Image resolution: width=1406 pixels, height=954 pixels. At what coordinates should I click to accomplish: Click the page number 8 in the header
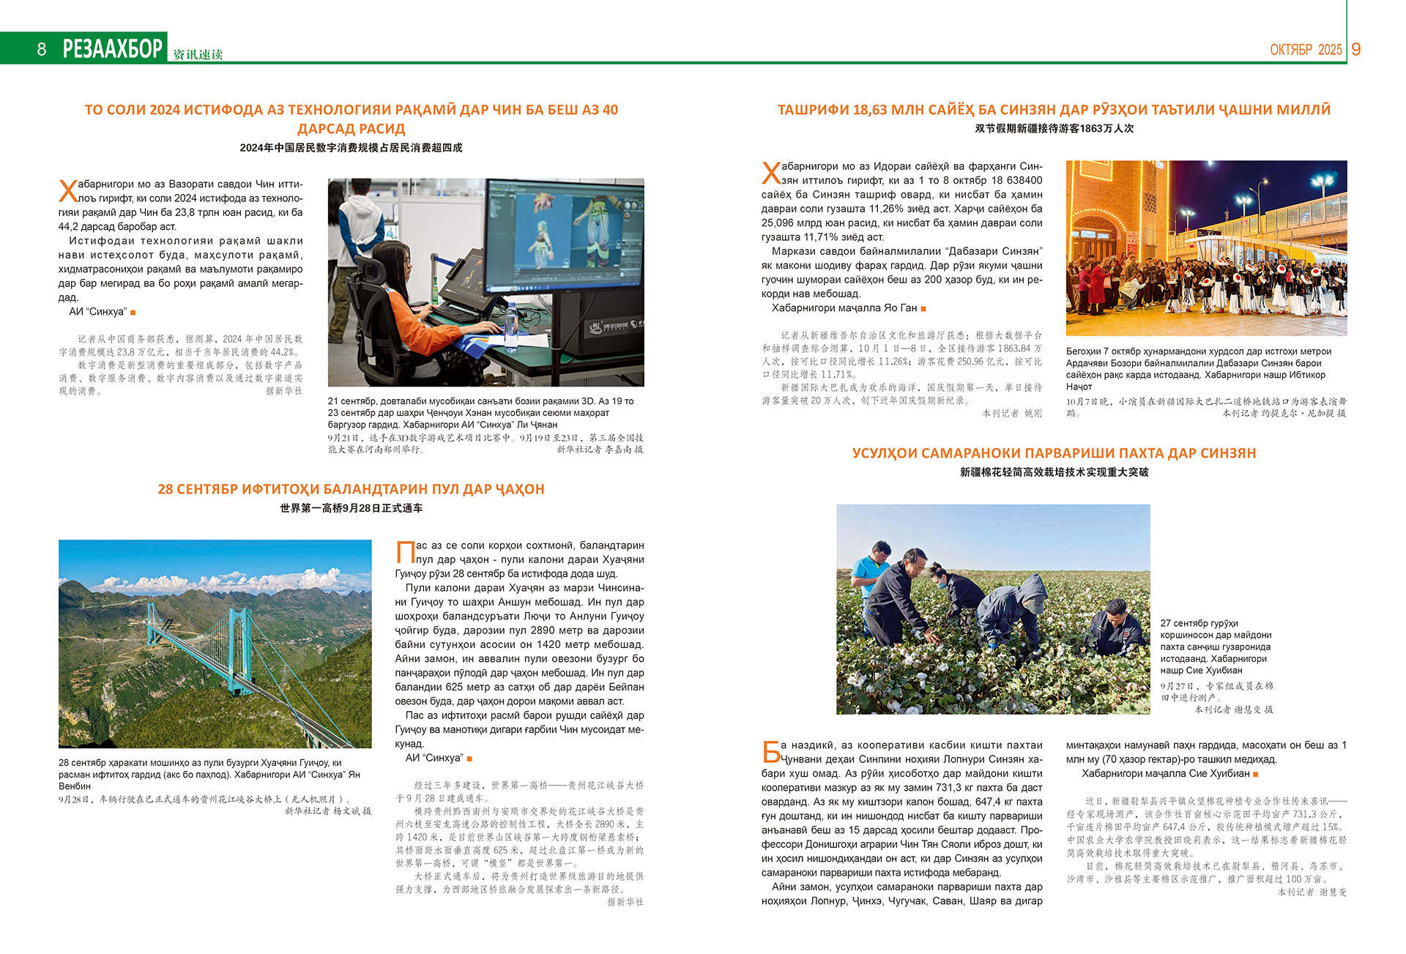coord(42,49)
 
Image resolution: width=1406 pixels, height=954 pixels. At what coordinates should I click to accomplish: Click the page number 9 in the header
coord(1355,49)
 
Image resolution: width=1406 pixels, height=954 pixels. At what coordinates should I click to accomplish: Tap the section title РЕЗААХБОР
coord(113,49)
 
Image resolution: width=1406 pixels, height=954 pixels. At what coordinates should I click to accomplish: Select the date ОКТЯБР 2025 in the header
coord(1306,50)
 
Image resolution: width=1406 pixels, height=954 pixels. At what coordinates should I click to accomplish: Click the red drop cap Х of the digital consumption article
coord(67,191)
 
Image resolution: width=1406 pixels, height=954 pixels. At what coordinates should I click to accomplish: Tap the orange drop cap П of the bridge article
coord(405,552)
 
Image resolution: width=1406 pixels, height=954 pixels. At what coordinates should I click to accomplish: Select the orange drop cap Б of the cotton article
coord(770,752)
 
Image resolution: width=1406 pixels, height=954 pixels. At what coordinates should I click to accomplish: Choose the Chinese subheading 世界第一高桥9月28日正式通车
coord(351,508)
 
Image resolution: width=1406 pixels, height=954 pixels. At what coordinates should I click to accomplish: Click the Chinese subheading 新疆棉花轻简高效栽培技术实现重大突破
coord(1054,472)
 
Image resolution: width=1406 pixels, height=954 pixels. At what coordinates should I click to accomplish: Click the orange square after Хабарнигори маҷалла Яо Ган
coord(923,309)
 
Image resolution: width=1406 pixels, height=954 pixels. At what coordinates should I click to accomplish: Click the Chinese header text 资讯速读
coord(198,54)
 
